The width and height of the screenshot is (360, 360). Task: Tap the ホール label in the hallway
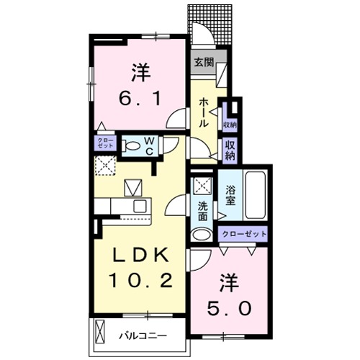pyautogui.click(x=203, y=114)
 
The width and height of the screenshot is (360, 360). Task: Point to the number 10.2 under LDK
pyautogui.click(x=140, y=280)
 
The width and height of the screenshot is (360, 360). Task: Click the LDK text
pyautogui.click(x=140, y=255)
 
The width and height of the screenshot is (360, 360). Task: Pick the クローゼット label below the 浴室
pyautogui.click(x=244, y=234)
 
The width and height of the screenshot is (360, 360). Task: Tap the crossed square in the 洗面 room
pyautogui.click(x=202, y=184)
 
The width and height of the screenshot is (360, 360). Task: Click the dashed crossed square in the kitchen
pyautogui.click(x=105, y=165)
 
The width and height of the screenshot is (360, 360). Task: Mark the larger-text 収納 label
pyautogui.click(x=230, y=150)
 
